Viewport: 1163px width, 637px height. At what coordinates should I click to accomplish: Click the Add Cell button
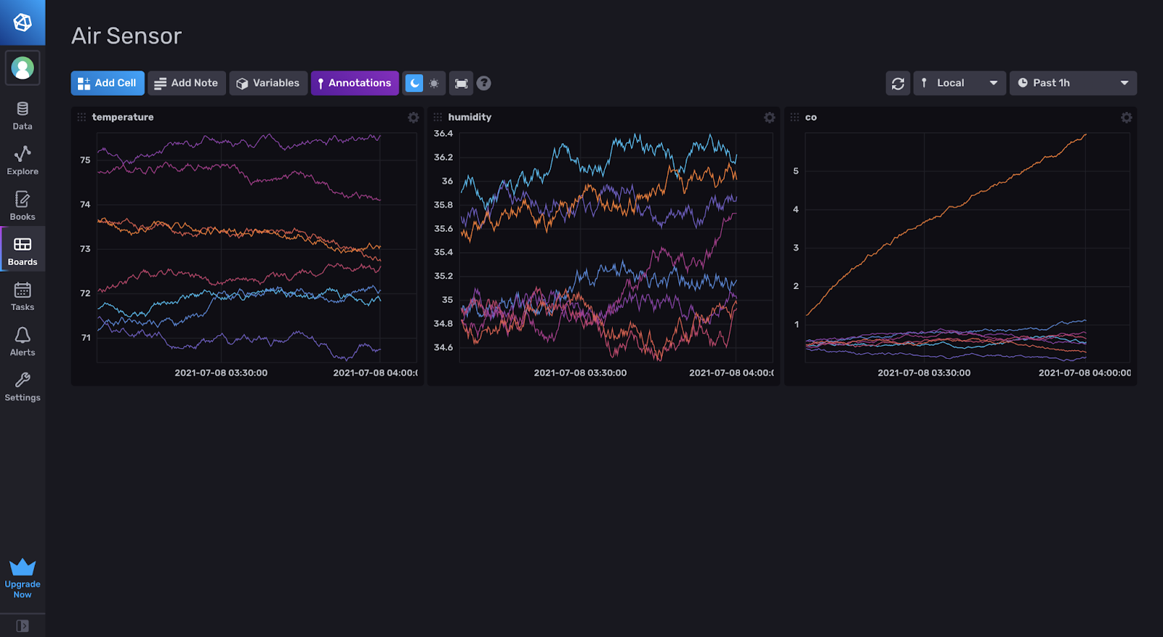pos(108,83)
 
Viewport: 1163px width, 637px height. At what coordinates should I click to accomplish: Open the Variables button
pos(268,83)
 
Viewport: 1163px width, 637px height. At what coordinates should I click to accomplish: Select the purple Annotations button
pos(355,83)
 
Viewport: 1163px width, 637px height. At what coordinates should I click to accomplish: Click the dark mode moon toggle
pos(414,84)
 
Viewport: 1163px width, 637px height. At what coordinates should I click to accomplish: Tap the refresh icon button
pos(898,84)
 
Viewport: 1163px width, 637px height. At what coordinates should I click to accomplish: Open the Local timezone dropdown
pos(959,83)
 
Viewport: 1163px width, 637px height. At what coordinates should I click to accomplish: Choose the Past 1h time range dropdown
pos(1072,83)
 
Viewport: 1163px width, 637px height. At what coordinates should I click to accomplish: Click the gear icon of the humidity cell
pos(769,118)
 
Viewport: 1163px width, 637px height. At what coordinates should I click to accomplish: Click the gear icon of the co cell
pos(1126,118)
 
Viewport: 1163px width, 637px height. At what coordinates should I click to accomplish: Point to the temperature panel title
pos(123,117)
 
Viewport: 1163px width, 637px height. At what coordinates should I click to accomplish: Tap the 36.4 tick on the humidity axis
pos(443,134)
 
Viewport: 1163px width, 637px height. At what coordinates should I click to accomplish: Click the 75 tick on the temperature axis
pos(85,160)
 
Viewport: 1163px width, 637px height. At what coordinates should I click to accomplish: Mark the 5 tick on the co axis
pos(796,171)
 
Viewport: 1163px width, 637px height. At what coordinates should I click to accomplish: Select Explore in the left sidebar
pos(23,160)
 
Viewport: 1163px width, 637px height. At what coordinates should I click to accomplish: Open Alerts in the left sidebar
pos(23,341)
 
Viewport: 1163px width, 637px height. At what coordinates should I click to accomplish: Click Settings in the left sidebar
pos(23,386)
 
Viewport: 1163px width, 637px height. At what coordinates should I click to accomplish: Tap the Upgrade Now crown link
pos(23,578)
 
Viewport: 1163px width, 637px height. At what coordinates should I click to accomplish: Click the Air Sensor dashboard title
pos(126,36)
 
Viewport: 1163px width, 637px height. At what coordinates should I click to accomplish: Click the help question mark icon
pos(483,84)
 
